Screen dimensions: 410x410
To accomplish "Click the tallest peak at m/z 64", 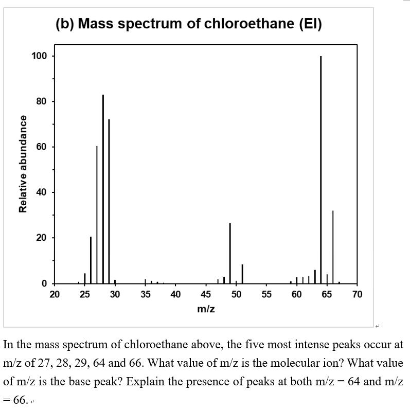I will pos(320,170).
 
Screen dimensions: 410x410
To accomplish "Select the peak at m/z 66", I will pos(333,247).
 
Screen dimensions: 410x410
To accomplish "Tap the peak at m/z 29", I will pos(109,201).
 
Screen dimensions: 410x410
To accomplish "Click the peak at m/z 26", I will pos(91,260).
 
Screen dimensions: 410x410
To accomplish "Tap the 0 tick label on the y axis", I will pos(44,283).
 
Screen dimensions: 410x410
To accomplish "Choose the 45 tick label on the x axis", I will pos(206,295).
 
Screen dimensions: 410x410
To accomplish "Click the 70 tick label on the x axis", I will pos(357,295).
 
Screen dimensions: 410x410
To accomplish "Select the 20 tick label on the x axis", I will pos(55,295).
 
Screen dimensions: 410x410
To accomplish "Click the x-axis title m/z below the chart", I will pos(206,309).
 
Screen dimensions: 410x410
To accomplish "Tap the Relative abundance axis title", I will pos(23,164).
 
